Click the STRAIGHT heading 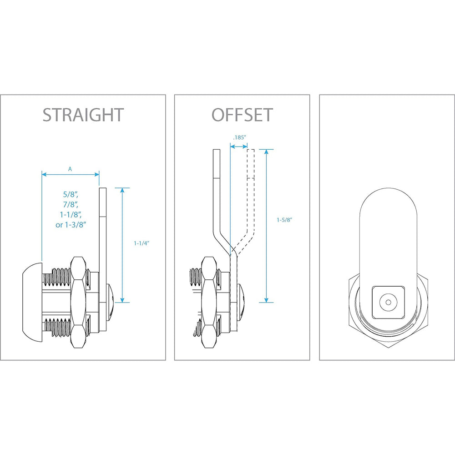[x=83, y=115]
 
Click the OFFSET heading [x=243, y=115]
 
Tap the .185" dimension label [x=240, y=137]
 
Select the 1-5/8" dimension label [x=284, y=220]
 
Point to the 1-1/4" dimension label [x=142, y=243]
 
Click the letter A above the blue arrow [x=70, y=169]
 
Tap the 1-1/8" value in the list [x=71, y=215]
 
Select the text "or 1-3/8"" [x=71, y=225]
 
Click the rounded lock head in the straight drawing [x=32, y=302]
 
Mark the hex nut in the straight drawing [x=78, y=302]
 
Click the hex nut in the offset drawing [x=210, y=302]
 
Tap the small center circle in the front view [x=388, y=303]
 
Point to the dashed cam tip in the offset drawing [x=251, y=164]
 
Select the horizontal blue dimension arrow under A [x=71, y=174]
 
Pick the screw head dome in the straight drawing [x=111, y=302]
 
